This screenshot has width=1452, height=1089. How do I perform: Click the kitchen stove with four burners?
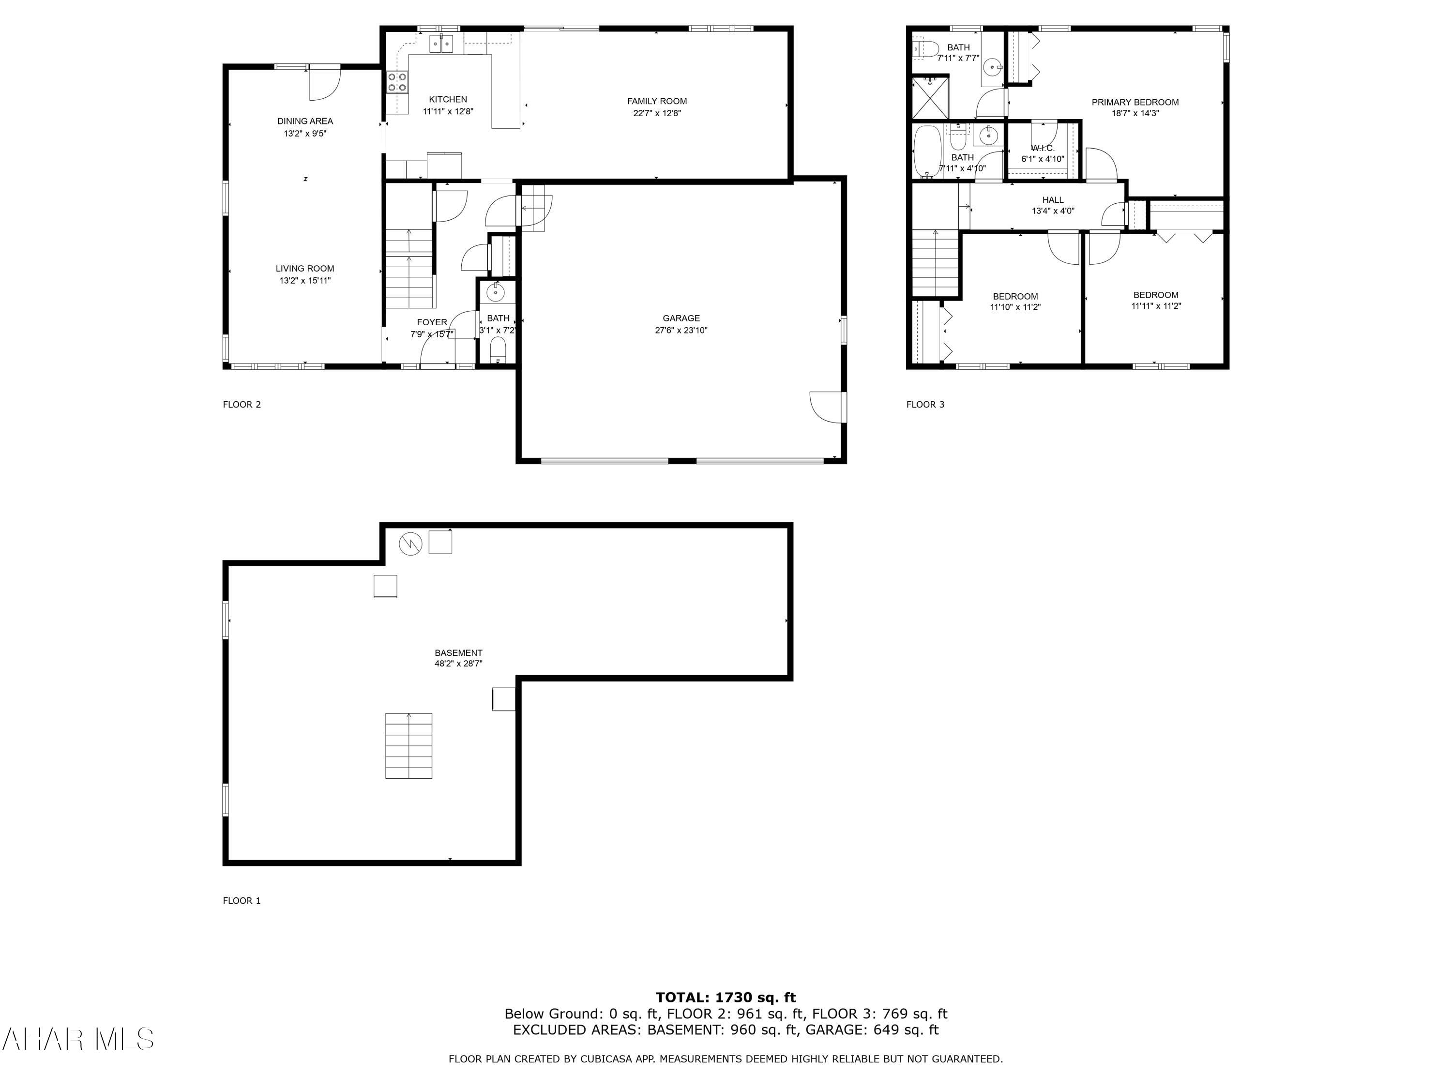click(396, 82)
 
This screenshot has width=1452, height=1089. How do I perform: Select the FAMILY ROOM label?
click(656, 101)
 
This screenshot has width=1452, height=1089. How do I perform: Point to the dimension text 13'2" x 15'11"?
click(304, 281)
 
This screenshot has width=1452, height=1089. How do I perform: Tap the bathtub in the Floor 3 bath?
click(926, 151)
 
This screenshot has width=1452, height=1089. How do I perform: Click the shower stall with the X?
click(930, 98)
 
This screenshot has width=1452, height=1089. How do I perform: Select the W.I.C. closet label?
click(1043, 149)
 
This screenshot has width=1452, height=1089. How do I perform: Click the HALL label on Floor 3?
click(1053, 200)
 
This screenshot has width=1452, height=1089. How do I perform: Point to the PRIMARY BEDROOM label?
click(1135, 103)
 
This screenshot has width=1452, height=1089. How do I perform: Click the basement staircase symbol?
click(408, 746)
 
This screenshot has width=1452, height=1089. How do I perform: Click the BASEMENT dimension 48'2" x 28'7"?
click(458, 664)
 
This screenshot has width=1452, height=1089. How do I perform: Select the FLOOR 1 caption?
click(242, 901)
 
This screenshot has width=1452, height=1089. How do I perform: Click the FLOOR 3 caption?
click(925, 404)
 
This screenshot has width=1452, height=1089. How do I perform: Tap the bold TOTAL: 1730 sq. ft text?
click(726, 998)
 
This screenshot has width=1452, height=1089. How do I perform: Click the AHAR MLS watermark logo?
click(77, 1039)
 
